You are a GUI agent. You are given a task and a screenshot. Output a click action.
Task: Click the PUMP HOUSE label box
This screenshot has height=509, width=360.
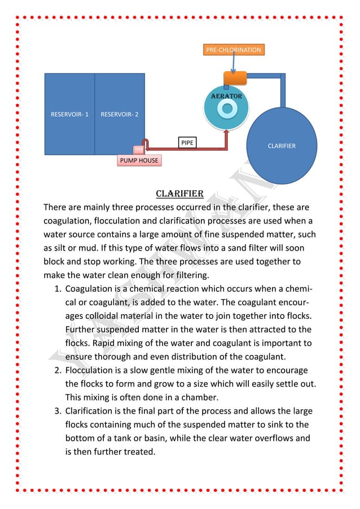point(138,161)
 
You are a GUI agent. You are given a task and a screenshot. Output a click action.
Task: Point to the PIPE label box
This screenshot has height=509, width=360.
point(187,142)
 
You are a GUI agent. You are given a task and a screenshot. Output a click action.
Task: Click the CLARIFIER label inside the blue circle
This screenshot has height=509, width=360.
point(282,146)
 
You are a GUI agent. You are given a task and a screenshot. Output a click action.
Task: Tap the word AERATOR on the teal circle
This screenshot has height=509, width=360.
point(226,96)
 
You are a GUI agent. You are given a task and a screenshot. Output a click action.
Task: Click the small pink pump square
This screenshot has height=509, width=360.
point(137,150)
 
